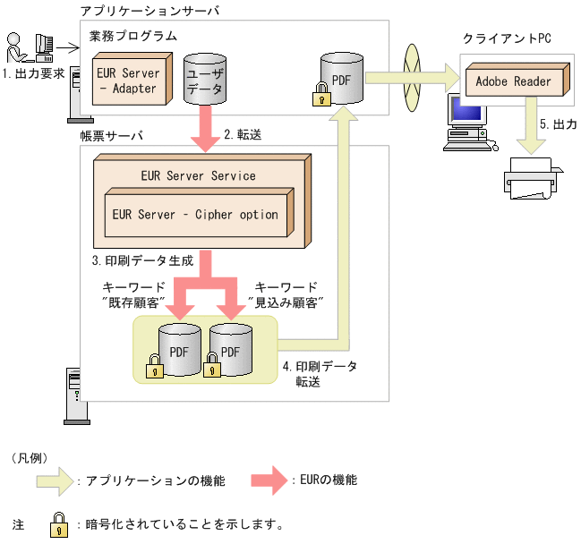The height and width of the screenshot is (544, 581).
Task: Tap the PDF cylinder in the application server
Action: [x=340, y=80]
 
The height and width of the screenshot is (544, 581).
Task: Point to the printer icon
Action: [x=534, y=178]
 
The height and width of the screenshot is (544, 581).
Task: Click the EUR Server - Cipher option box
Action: [x=195, y=215]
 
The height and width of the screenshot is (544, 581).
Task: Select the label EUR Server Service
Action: [x=198, y=175]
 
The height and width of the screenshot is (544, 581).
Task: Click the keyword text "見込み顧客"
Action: [x=282, y=302]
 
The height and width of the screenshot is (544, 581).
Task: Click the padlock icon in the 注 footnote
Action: [x=59, y=522]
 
